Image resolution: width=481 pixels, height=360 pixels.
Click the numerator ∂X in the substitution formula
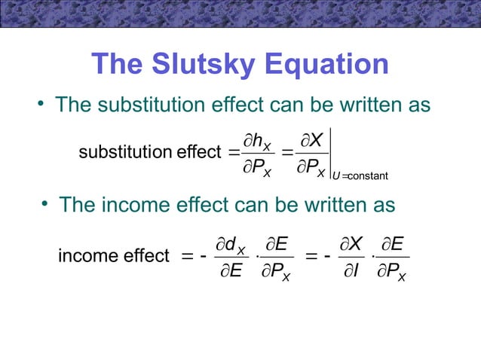311,139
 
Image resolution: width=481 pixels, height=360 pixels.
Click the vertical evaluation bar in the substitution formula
332,154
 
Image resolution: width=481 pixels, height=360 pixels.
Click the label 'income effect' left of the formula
113,256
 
